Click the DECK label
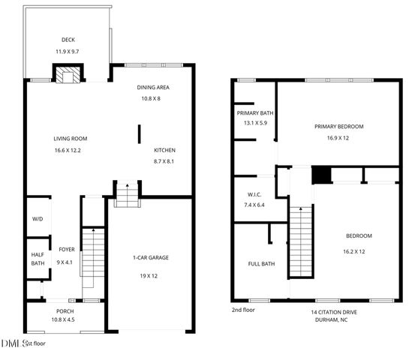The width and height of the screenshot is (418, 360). (x=68, y=40)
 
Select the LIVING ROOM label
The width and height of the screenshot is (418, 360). (x=71, y=139)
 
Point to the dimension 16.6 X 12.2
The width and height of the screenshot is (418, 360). (x=68, y=151)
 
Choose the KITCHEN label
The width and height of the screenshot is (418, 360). (x=164, y=150)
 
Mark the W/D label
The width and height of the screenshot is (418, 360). (x=38, y=219)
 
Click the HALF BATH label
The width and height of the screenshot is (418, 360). (x=38, y=258)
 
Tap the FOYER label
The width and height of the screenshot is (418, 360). (x=66, y=250)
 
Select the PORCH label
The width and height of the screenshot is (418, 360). (x=65, y=311)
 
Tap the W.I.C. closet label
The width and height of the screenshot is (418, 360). (x=254, y=193)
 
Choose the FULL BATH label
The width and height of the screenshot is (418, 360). (x=260, y=264)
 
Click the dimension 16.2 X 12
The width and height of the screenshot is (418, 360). (x=358, y=251)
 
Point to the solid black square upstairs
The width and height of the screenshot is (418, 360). (x=320, y=174)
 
